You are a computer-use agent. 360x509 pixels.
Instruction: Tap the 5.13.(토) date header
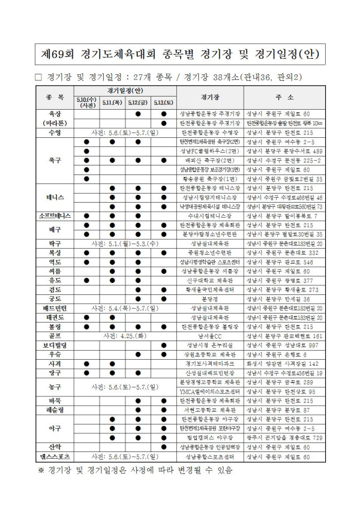click(x=163, y=103)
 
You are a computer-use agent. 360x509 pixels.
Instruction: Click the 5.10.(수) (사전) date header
click(x=87, y=103)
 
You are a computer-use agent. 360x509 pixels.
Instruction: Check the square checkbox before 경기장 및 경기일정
click(x=38, y=76)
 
